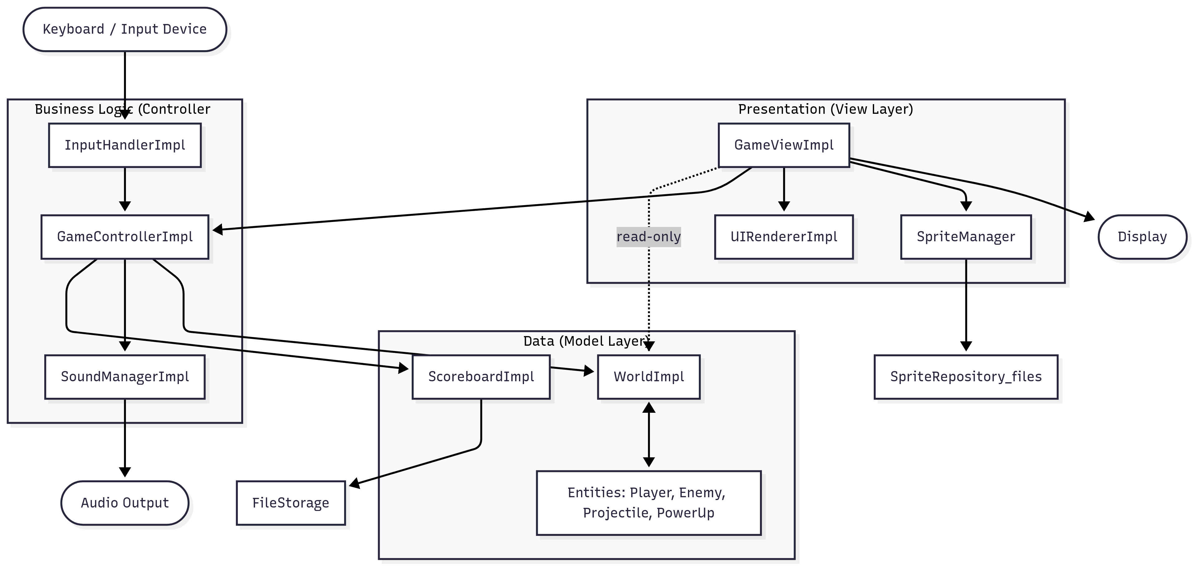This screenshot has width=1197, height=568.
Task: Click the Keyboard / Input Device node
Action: coord(125,29)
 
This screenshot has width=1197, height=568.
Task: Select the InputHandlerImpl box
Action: coord(125,145)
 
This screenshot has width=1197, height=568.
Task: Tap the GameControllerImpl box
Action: coord(125,237)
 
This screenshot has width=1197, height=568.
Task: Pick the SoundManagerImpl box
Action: coord(125,377)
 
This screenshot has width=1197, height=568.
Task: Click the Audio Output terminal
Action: coord(125,503)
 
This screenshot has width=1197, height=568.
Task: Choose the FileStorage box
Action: coord(291,503)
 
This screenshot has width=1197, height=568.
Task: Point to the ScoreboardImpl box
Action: coord(481,377)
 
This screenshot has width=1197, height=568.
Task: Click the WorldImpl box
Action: coord(649,377)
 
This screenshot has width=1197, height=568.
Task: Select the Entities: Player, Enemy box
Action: coord(649,503)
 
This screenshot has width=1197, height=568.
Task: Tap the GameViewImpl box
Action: coord(784,145)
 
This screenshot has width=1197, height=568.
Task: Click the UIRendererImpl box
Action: coord(784,237)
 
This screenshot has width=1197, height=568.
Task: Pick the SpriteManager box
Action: coord(966,237)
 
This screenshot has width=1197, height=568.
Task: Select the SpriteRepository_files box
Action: coord(966,377)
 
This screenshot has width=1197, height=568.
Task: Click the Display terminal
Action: coord(1142,237)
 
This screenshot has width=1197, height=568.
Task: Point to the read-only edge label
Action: coord(649,237)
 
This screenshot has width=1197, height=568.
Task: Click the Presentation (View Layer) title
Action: coord(825,109)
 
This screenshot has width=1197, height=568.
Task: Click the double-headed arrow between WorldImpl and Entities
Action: coord(649,435)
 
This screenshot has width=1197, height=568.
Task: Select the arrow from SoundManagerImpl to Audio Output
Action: coord(125,437)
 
